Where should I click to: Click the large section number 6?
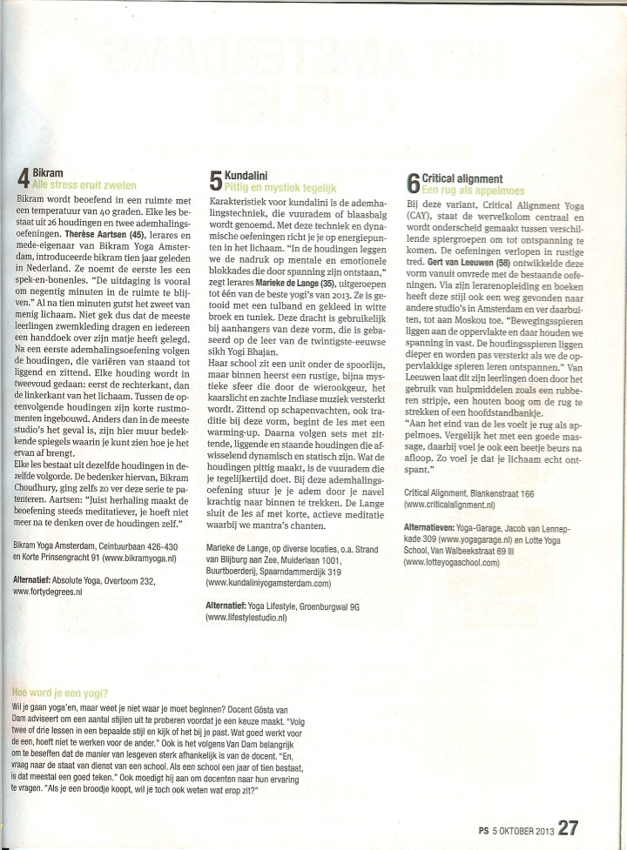[415, 183]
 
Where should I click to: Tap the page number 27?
[568, 827]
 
